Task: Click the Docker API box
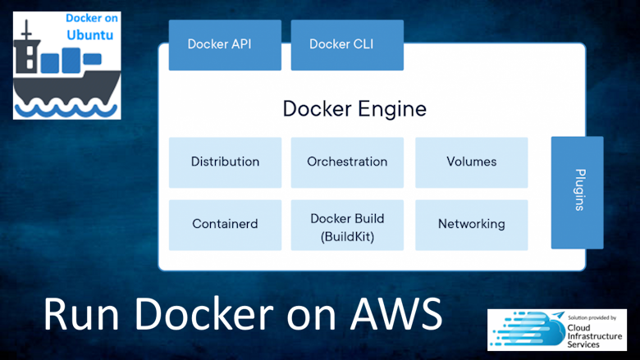(219, 44)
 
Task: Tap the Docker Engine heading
(354, 108)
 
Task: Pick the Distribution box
(225, 162)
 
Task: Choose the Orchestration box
(347, 162)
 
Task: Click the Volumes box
(471, 162)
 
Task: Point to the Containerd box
(225, 224)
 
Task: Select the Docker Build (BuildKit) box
(347, 225)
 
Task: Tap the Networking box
(471, 224)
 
